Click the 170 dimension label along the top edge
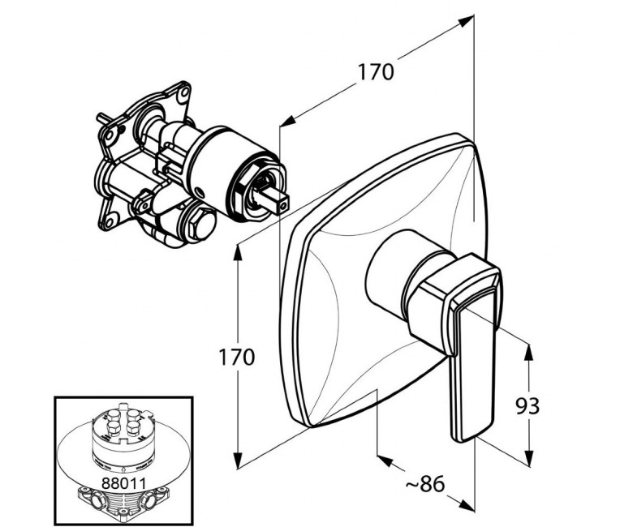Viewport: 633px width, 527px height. coord(376,72)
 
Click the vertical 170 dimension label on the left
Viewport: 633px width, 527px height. coord(237,357)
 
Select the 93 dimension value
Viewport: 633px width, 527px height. coord(527,406)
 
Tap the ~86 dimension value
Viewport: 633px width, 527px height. coord(424,483)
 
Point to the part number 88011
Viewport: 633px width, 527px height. coord(123,482)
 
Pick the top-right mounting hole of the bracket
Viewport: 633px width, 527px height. coord(184,92)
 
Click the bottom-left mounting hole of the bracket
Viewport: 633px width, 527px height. coord(108,221)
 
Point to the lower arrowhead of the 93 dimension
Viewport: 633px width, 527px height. coord(529,456)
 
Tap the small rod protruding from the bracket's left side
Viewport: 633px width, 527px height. coord(102,118)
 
